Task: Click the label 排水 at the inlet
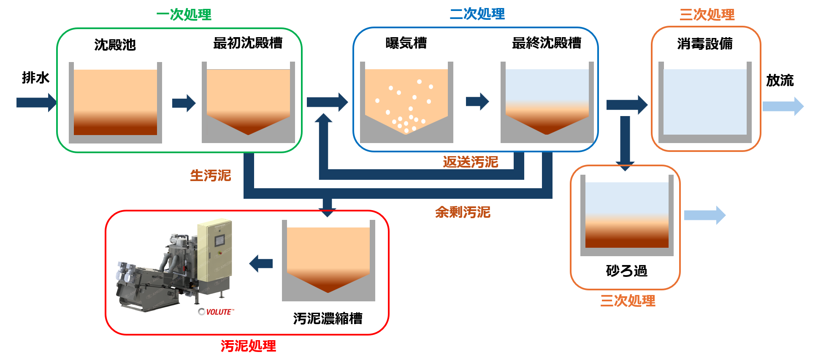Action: point(35,78)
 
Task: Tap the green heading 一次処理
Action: point(184,15)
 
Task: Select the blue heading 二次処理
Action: point(477,14)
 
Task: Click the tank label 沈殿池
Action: point(115,44)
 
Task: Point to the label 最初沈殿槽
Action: point(248,43)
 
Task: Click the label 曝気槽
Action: point(406,43)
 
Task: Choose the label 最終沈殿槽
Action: point(547,43)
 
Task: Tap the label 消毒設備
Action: point(704,43)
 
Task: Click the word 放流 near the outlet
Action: point(780,80)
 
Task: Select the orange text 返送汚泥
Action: point(470,162)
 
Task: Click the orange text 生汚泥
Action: point(210,175)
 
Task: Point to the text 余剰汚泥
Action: point(463,212)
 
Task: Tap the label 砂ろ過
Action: point(626,270)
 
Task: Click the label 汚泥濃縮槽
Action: point(328,318)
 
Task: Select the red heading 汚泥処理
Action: point(248,346)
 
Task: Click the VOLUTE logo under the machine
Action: point(216,312)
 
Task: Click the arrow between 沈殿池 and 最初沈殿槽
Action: point(184,103)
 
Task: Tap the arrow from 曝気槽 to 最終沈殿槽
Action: point(477,101)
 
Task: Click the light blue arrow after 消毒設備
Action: point(783,106)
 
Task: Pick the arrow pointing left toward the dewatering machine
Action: point(261,264)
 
